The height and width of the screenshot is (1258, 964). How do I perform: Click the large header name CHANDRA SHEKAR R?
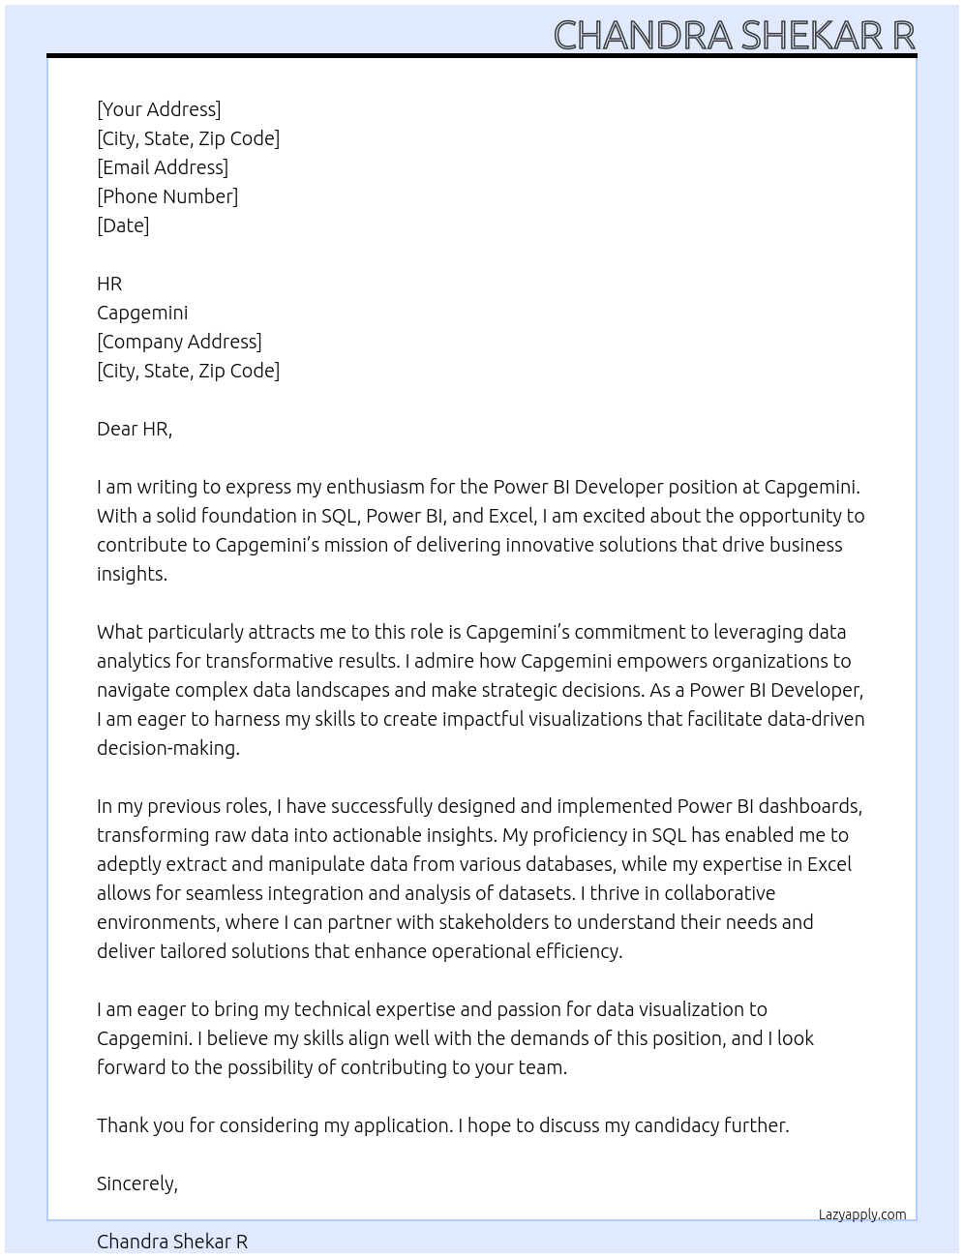tap(734, 35)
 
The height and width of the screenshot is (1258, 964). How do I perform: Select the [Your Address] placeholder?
tap(159, 109)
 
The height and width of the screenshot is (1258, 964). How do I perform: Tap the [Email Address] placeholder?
tap(163, 167)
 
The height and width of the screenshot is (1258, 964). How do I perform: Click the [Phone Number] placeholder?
tap(167, 196)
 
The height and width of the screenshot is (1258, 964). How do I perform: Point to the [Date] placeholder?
tap(123, 225)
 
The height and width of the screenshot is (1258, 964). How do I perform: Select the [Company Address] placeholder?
tap(179, 342)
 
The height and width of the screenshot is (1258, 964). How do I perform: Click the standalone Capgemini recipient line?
tap(142, 313)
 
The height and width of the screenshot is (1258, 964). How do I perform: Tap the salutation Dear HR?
tap(135, 429)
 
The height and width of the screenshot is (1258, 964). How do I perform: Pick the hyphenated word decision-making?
tap(167, 748)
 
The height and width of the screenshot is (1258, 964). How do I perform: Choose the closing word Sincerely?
tap(137, 1183)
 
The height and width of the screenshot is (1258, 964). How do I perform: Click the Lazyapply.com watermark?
tap(861, 1214)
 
